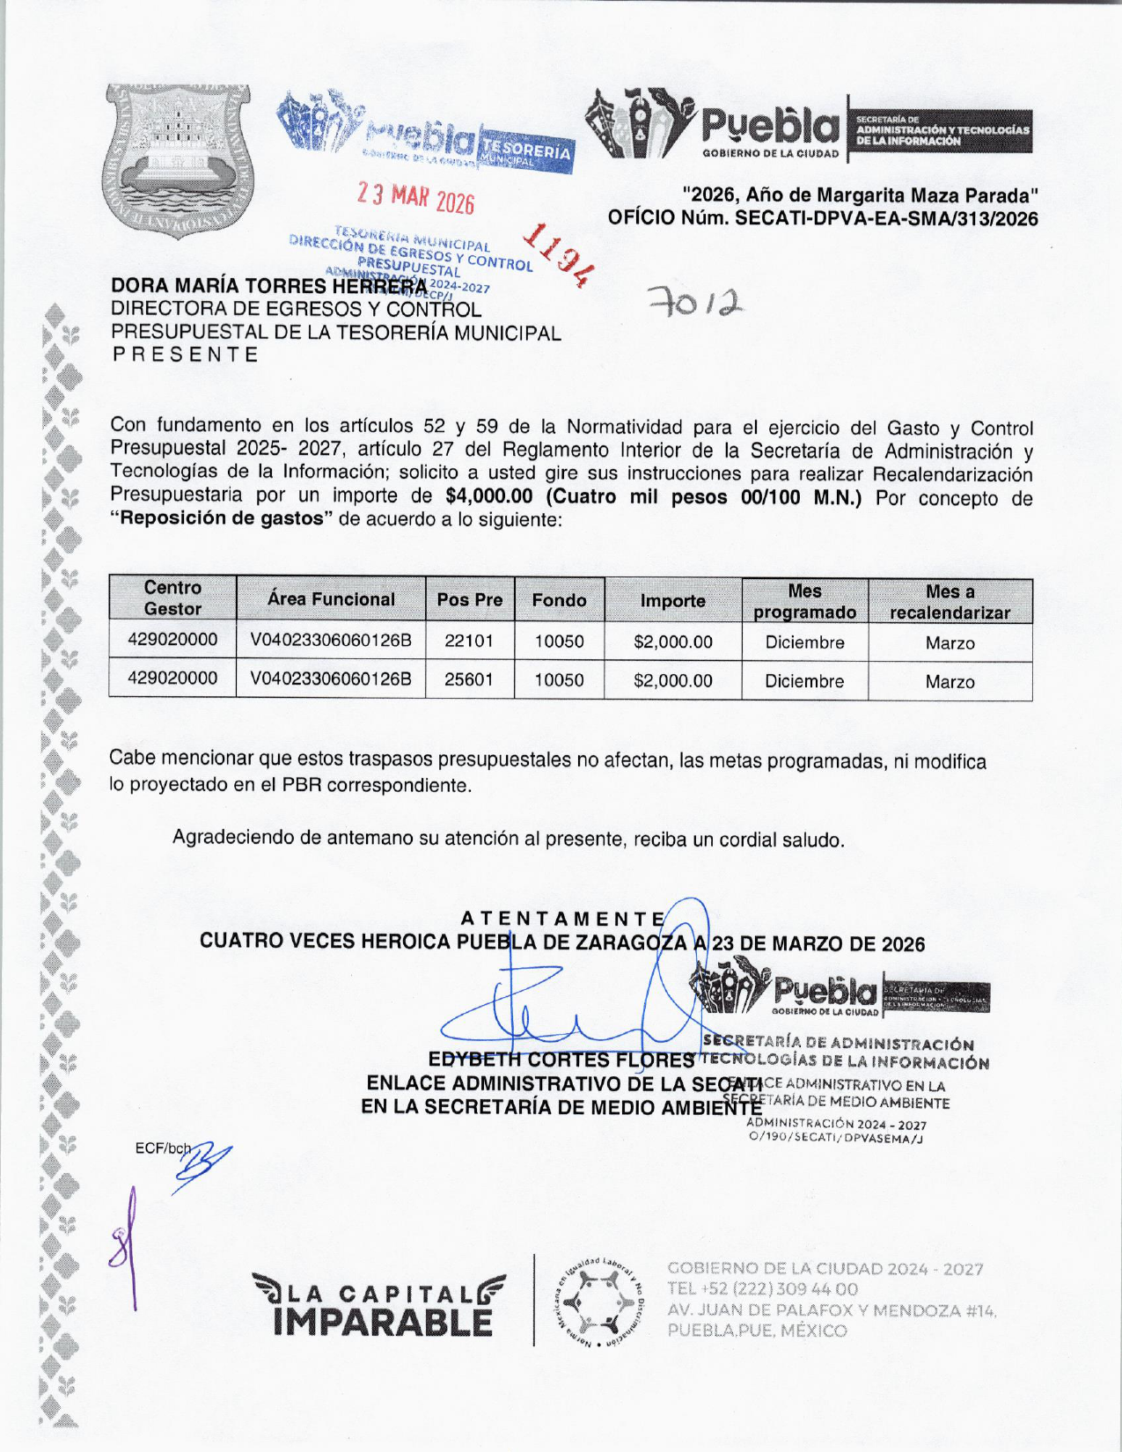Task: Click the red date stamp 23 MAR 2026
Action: coord(415,198)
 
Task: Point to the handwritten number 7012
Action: coord(695,303)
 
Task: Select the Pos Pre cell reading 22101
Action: coord(469,642)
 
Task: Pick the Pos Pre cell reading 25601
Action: coord(469,680)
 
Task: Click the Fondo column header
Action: coord(559,600)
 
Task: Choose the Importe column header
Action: coord(672,601)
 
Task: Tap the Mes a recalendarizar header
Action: coord(950,602)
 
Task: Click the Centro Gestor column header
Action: coord(172,598)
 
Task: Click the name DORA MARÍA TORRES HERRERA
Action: coord(268,287)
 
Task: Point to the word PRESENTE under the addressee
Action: coord(185,355)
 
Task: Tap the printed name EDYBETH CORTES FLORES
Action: coord(561,1060)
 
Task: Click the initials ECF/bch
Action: coord(163,1148)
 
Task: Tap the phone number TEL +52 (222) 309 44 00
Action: coord(762,1289)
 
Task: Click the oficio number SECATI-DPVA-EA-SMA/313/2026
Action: coord(886,219)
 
